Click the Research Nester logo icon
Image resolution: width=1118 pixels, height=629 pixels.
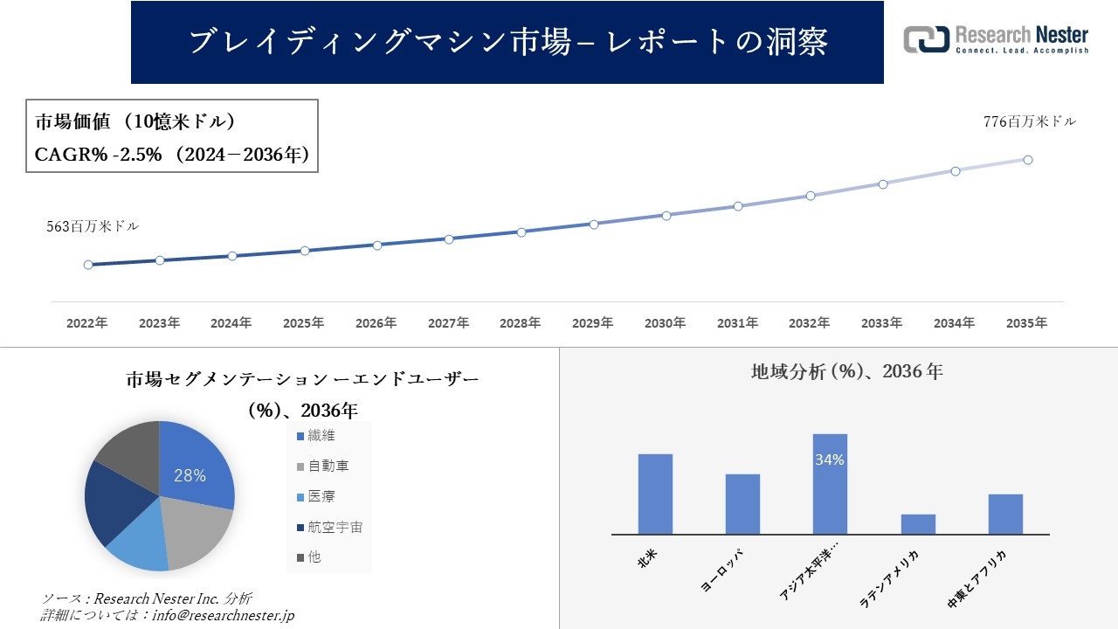click(x=926, y=39)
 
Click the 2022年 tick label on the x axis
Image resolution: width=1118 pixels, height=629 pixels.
click(x=87, y=323)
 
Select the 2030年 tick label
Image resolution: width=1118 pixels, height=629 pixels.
click(x=666, y=323)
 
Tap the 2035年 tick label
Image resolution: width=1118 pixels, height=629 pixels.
click(x=1026, y=323)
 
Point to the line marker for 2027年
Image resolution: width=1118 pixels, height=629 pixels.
click(x=449, y=238)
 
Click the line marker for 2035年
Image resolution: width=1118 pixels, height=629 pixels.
click(x=1028, y=160)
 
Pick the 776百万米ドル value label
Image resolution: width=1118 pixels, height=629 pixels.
click(x=1030, y=122)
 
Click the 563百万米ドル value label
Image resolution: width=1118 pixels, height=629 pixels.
click(x=93, y=226)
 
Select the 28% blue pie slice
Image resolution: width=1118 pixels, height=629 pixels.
click(x=197, y=467)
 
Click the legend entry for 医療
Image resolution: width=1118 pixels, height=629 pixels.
click(x=321, y=496)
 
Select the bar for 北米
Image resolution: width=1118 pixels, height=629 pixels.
click(x=655, y=494)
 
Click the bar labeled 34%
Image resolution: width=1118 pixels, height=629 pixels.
click(x=830, y=485)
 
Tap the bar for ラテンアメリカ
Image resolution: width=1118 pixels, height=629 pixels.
click(x=918, y=524)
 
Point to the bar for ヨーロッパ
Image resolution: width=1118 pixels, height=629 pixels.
click(x=742, y=504)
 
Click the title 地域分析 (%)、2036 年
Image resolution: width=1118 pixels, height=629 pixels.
click(x=846, y=371)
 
